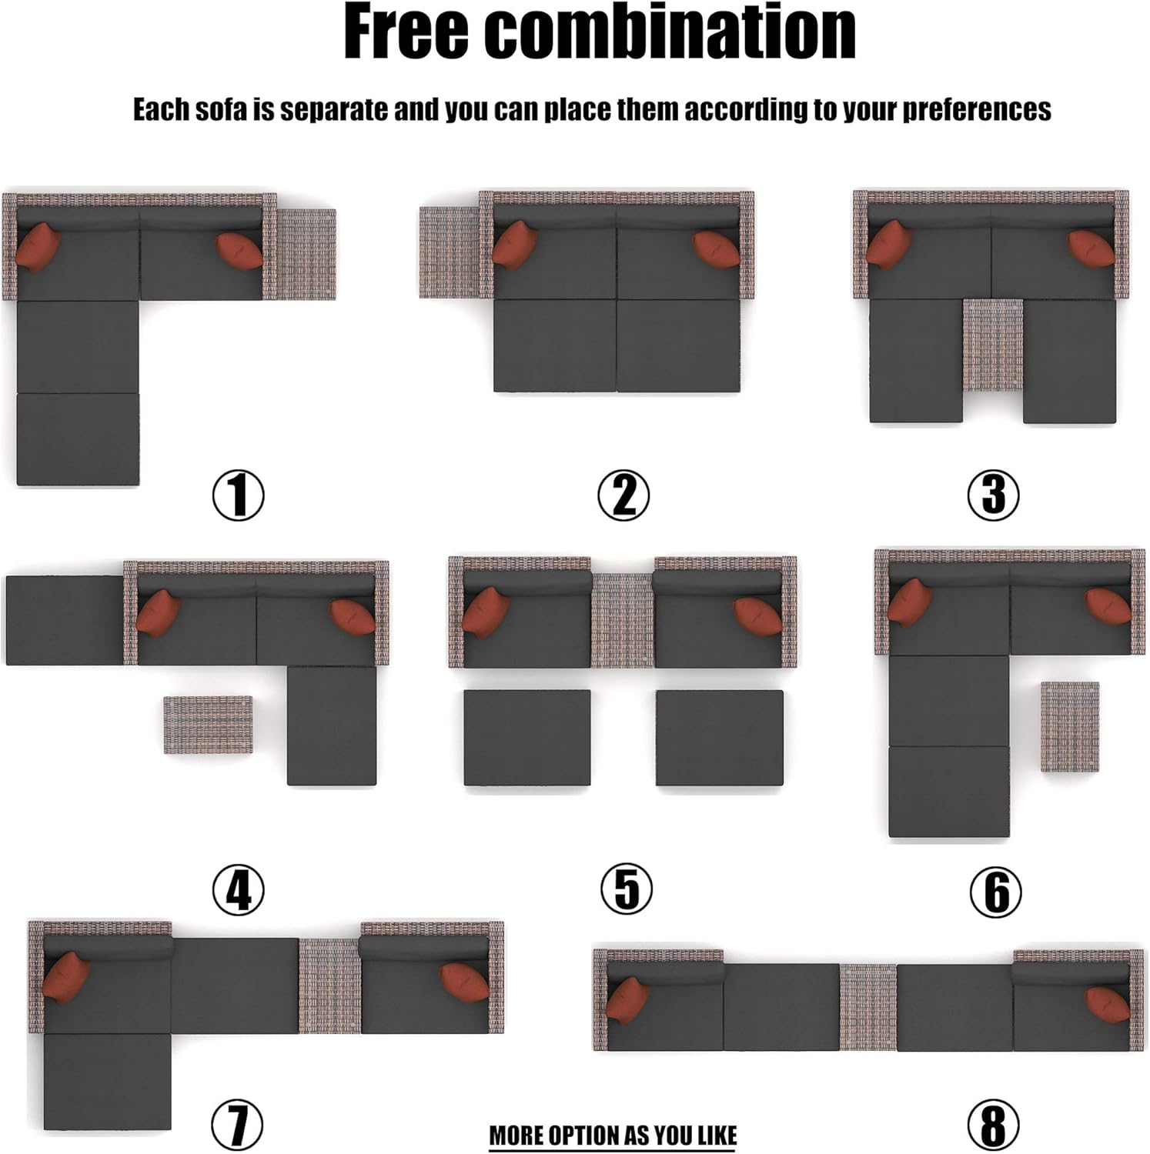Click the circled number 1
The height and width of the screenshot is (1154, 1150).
click(x=239, y=495)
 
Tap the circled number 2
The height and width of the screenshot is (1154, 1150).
click(x=623, y=495)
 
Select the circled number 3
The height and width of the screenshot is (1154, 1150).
click(x=993, y=494)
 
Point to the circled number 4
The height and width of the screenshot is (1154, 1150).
click(x=239, y=889)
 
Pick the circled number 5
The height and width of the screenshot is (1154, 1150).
click(x=627, y=889)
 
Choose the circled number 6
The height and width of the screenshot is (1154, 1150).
click(x=996, y=892)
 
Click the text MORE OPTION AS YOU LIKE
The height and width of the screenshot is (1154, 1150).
click(x=613, y=1136)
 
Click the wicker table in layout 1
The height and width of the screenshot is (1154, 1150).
click(x=306, y=254)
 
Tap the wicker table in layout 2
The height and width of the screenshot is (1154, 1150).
click(x=450, y=252)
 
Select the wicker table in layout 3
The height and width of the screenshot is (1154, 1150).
click(x=993, y=345)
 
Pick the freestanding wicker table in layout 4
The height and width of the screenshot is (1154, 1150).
click(x=208, y=725)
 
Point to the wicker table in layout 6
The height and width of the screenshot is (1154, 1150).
click(x=1070, y=726)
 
